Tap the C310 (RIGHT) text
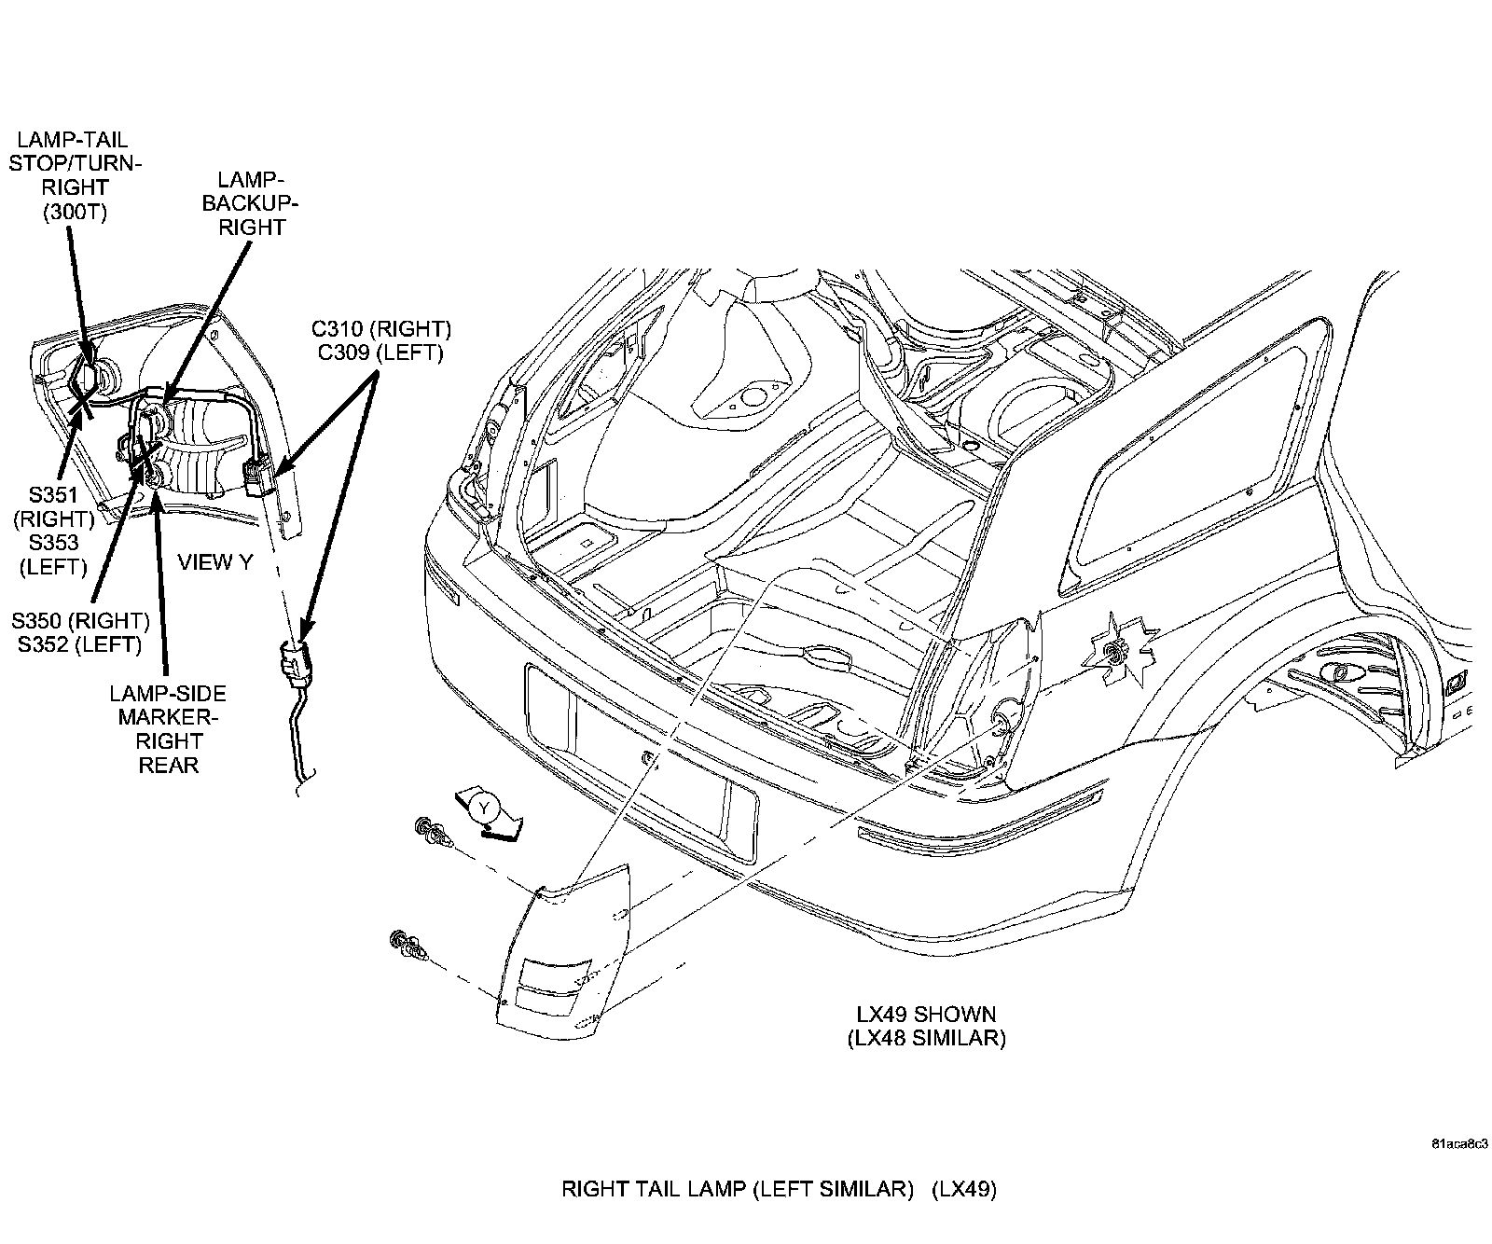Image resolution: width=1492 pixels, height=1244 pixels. point(381,329)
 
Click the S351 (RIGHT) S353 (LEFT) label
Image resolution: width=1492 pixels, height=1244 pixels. point(53,531)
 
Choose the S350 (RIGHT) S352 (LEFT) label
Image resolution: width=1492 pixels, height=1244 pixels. point(80,632)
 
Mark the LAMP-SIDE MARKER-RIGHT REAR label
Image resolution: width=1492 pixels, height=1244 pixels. point(169,729)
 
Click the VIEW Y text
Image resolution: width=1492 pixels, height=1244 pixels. point(215,561)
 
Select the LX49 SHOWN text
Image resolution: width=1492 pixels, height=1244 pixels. point(926,1014)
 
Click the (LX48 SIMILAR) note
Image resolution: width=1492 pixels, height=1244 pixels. point(926,1038)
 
